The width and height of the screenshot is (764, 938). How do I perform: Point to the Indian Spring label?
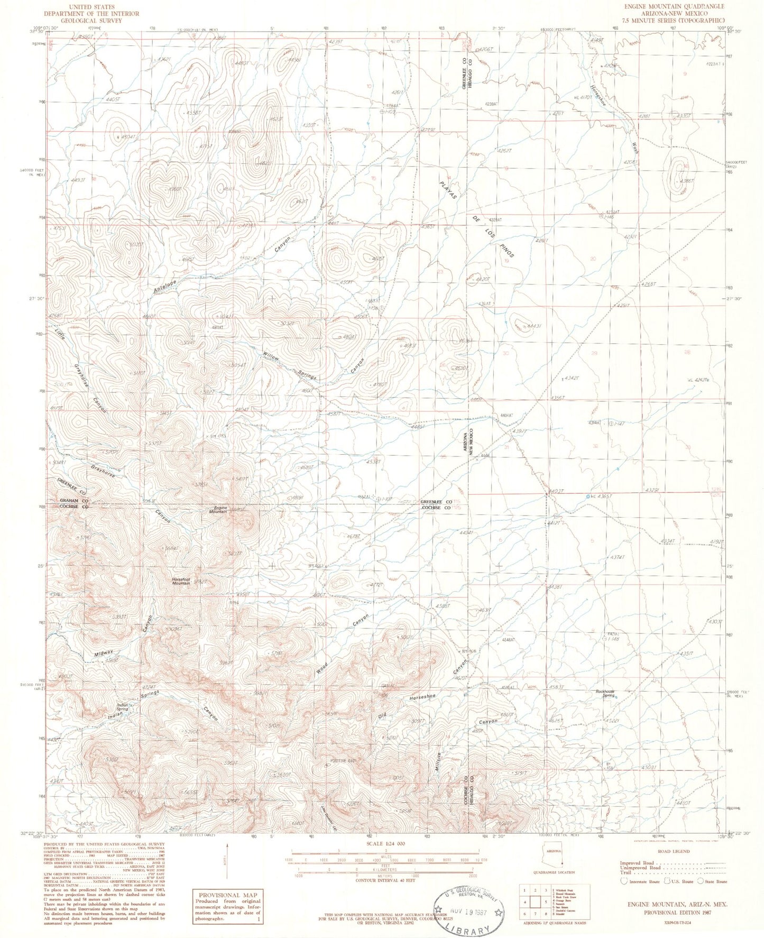pyautogui.click(x=123, y=707)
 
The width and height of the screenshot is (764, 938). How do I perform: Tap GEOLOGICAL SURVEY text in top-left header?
pyautogui.click(x=91, y=21)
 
